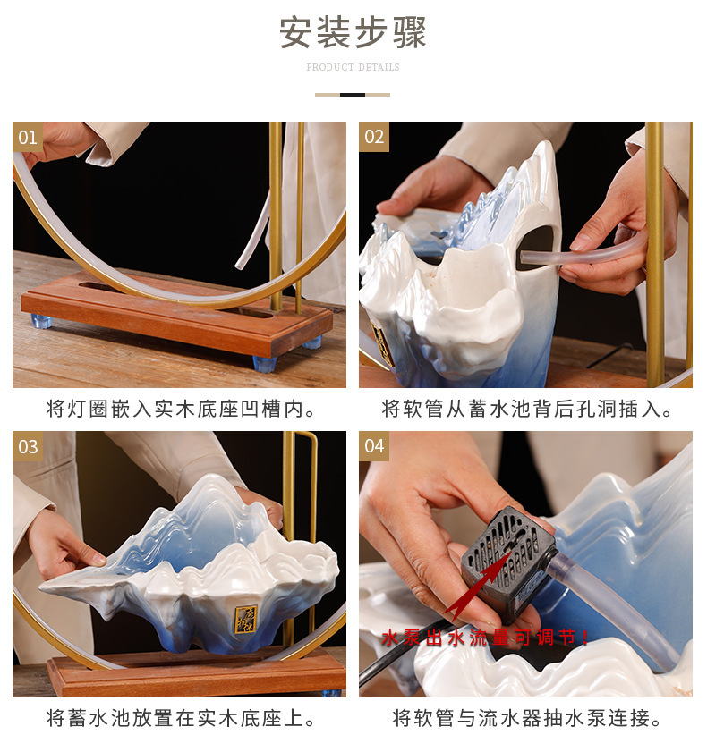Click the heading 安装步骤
click(x=353, y=32)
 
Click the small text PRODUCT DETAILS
click(x=353, y=67)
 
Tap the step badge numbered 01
click(x=28, y=137)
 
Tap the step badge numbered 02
click(x=374, y=137)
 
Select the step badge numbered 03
click(x=28, y=446)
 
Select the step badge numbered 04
click(x=374, y=446)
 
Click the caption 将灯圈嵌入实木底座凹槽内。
click(x=180, y=410)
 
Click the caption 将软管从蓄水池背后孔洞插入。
click(x=526, y=410)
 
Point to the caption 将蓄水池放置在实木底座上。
click(x=180, y=718)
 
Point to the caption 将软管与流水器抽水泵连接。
click(x=526, y=718)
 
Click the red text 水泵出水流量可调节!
click(x=486, y=638)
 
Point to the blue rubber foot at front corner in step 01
click(x=266, y=363)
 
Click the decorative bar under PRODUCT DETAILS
click(x=353, y=94)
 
